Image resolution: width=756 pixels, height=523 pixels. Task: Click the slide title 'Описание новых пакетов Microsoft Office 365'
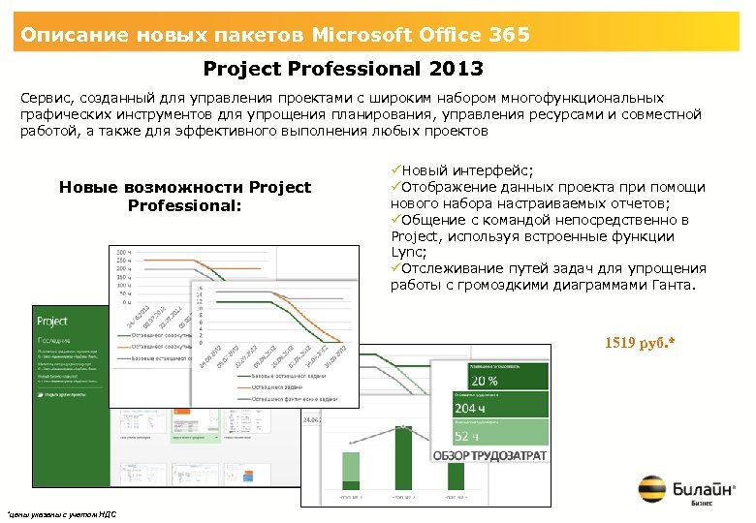coord(276,36)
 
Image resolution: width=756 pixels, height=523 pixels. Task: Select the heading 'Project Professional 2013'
coord(343,70)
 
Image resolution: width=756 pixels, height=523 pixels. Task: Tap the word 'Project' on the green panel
coord(52,321)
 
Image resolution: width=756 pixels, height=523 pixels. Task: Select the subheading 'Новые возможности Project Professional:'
coord(185,197)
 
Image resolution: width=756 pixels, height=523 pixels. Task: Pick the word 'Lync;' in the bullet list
coord(408,252)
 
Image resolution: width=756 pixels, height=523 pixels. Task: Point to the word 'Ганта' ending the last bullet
coord(671,285)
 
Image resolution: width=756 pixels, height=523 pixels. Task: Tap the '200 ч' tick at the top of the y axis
coord(124,250)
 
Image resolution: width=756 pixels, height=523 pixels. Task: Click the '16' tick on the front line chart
coord(201,289)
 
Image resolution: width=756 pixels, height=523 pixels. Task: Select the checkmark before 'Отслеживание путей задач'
coord(395,268)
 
